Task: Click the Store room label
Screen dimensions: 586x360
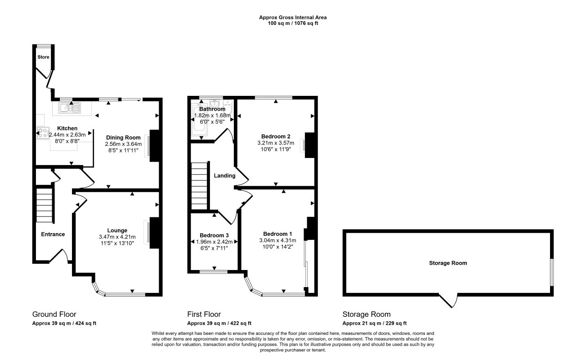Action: point(43,57)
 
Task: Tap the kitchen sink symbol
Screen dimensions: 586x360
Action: point(70,108)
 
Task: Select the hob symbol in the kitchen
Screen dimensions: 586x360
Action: point(43,133)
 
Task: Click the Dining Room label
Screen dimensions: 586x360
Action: point(123,137)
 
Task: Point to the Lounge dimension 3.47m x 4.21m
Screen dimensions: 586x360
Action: point(117,237)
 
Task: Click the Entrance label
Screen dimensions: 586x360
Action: point(53,234)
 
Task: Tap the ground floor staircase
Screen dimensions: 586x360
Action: point(44,204)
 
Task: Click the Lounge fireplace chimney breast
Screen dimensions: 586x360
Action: point(154,233)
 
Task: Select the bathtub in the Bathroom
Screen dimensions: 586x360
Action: point(199,120)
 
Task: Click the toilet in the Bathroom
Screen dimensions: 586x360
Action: point(228,107)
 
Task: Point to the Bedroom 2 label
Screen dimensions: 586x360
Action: point(276,136)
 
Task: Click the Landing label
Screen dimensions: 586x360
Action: point(224,175)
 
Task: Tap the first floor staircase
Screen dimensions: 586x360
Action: point(200,186)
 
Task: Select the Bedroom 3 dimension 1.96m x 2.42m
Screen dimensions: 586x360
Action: point(214,242)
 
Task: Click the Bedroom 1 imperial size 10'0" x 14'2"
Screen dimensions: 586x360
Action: point(277,247)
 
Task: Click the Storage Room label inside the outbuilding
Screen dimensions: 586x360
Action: point(448,263)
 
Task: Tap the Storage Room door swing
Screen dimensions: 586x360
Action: point(448,301)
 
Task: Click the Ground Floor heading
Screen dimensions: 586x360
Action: point(54,314)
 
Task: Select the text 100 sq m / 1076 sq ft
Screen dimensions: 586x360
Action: point(293,23)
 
